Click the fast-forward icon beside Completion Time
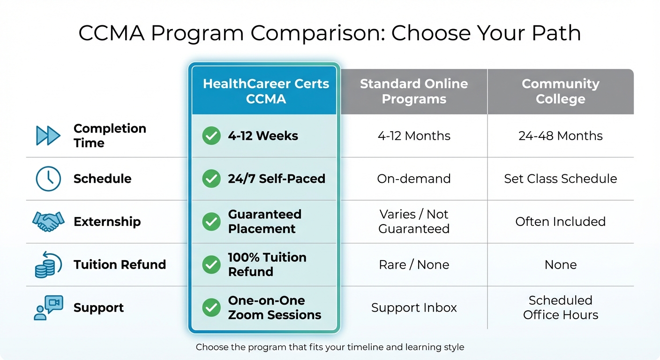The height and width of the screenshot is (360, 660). coord(48,135)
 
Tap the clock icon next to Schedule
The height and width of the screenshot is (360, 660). coord(48,179)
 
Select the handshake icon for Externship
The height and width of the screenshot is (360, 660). coord(48,221)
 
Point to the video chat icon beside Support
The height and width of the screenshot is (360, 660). coord(48,307)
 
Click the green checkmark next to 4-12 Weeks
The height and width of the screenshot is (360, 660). coord(211,136)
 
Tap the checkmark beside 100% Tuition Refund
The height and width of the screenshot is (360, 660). coord(211,264)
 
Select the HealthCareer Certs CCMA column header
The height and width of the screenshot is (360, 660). coord(266,91)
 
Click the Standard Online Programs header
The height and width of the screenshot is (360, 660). coord(414,91)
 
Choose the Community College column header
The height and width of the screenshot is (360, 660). coord(560,91)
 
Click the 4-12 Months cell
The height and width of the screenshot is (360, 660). coord(414,136)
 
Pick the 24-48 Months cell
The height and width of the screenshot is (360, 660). coord(560,136)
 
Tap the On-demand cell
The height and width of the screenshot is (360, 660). coord(414,179)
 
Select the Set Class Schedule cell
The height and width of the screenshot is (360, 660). coord(560,179)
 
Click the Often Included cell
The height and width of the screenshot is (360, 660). coord(560,221)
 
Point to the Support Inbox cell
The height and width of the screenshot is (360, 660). coord(414,307)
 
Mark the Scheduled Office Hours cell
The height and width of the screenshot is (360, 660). coord(560,307)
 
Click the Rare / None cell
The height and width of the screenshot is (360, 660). coord(414,264)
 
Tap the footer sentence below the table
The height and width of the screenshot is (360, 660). coord(330,347)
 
